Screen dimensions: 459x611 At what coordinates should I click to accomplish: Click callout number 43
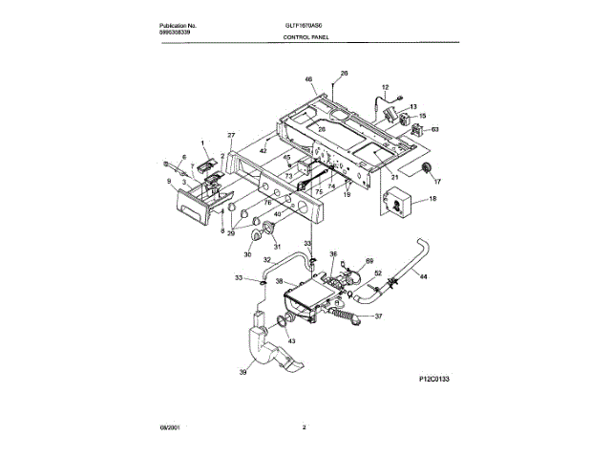tap(291, 341)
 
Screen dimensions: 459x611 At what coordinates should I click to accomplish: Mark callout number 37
tap(379, 317)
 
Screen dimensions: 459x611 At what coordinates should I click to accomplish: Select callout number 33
tap(239, 278)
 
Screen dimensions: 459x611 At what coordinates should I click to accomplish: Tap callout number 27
tap(230, 136)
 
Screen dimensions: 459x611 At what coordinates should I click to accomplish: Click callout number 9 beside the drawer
tap(168, 181)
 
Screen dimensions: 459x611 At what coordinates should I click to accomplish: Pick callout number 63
tap(434, 128)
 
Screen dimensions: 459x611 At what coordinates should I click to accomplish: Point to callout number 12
tap(386, 87)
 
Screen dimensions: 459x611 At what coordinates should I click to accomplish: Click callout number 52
tap(377, 273)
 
